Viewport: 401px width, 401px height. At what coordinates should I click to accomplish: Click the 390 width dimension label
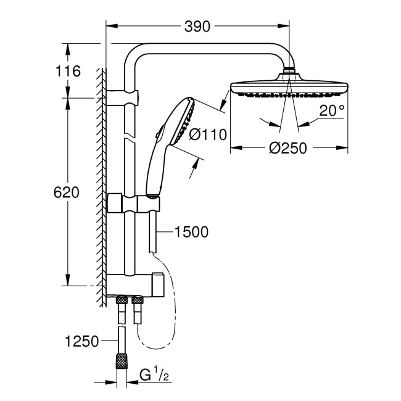pyautogui.click(x=197, y=26)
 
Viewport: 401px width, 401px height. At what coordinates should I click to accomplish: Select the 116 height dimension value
pyautogui.click(x=68, y=71)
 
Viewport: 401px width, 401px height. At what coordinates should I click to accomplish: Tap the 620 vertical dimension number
pyautogui.click(x=67, y=192)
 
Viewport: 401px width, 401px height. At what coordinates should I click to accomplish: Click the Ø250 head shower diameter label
pyautogui.click(x=287, y=149)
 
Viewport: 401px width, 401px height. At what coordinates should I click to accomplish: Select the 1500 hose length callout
pyautogui.click(x=192, y=232)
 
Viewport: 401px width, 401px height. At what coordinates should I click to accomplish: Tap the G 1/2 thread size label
pyautogui.click(x=150, y=375)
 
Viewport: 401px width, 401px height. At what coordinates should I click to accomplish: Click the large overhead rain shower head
pyautogui.click(x=287, y=90)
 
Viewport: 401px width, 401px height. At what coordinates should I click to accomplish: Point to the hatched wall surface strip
pyautogui.click(x=102, y=185)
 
